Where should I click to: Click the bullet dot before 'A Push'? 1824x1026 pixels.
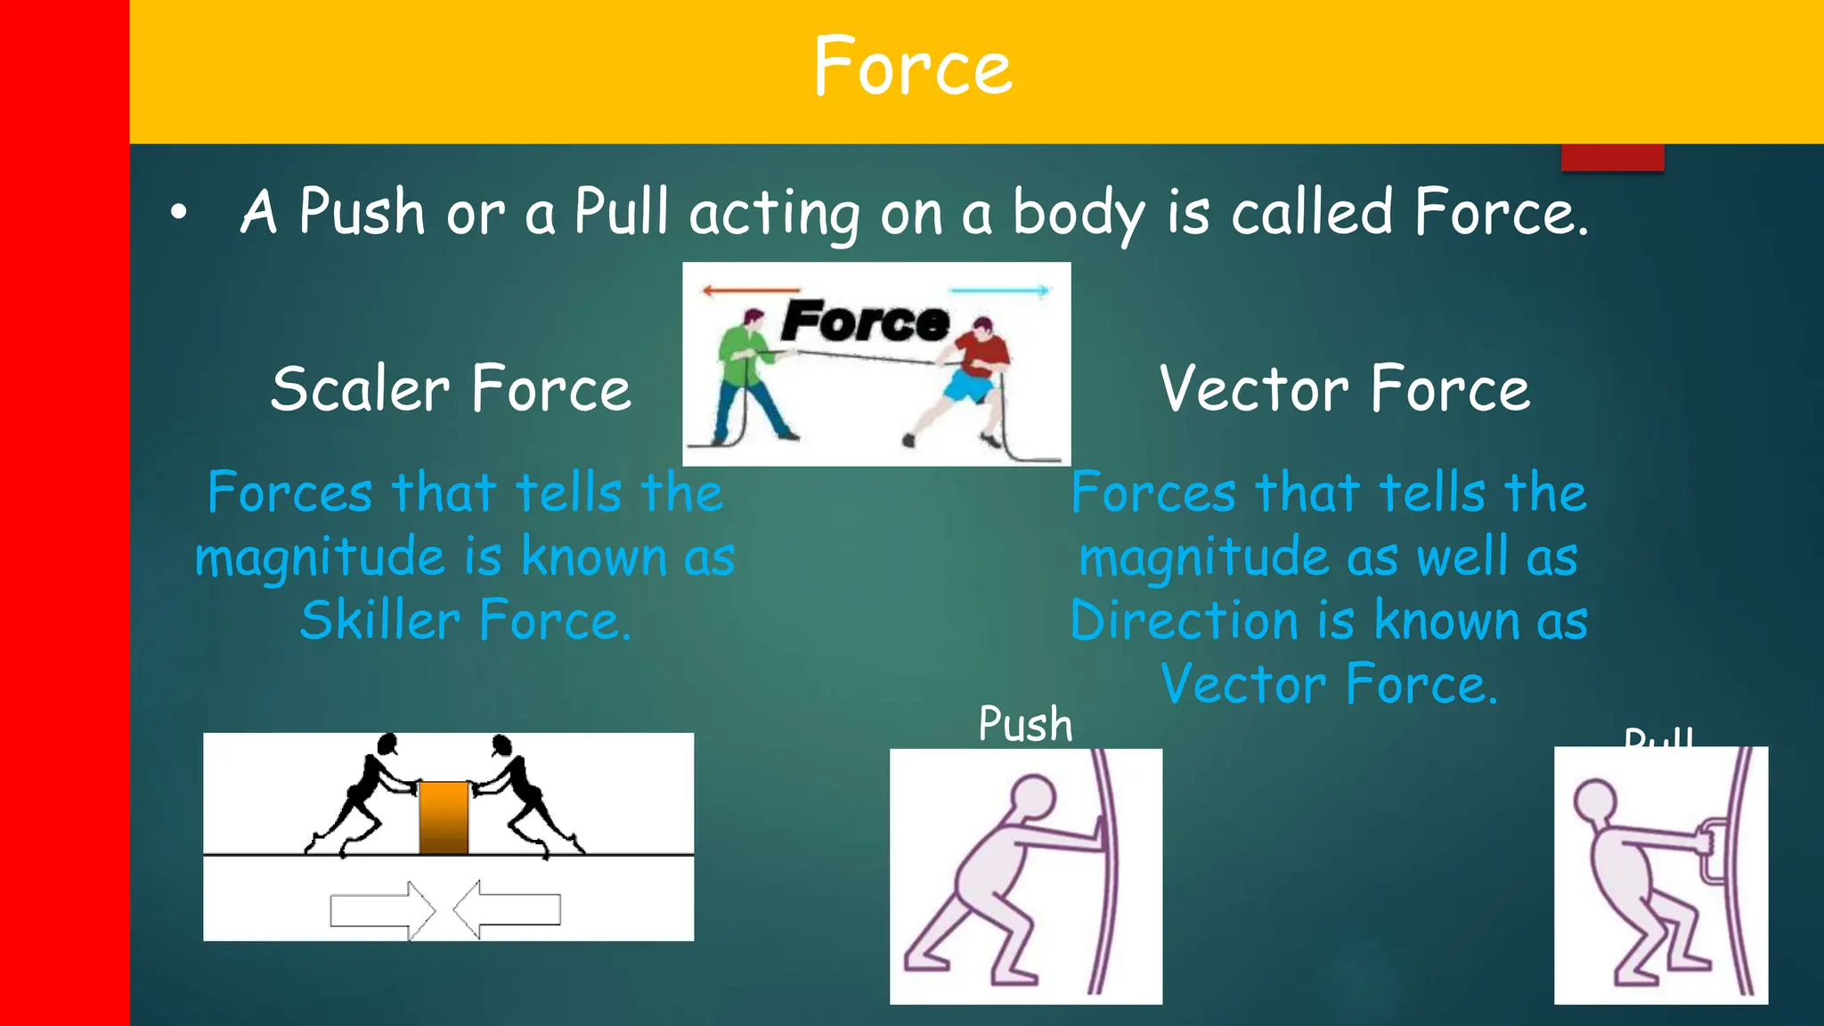click(x=180, y=213)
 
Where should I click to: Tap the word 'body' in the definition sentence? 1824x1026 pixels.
click(x=1078, y=214)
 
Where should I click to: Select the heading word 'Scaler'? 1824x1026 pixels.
click(x=361, y=389)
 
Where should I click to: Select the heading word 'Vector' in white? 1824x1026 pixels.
click(x=1254, y=389)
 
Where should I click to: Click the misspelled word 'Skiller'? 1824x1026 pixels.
click(x=379, y=621)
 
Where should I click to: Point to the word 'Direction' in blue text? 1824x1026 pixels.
click(x=1185, y=621)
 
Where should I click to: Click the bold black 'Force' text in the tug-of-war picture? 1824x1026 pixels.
click(x=865, y=322)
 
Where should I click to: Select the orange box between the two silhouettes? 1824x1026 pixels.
click(x=444, y=818)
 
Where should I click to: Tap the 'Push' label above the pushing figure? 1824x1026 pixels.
click(x=1025, y=724)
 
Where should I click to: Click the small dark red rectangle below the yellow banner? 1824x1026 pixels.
click(x=1612, y=157)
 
